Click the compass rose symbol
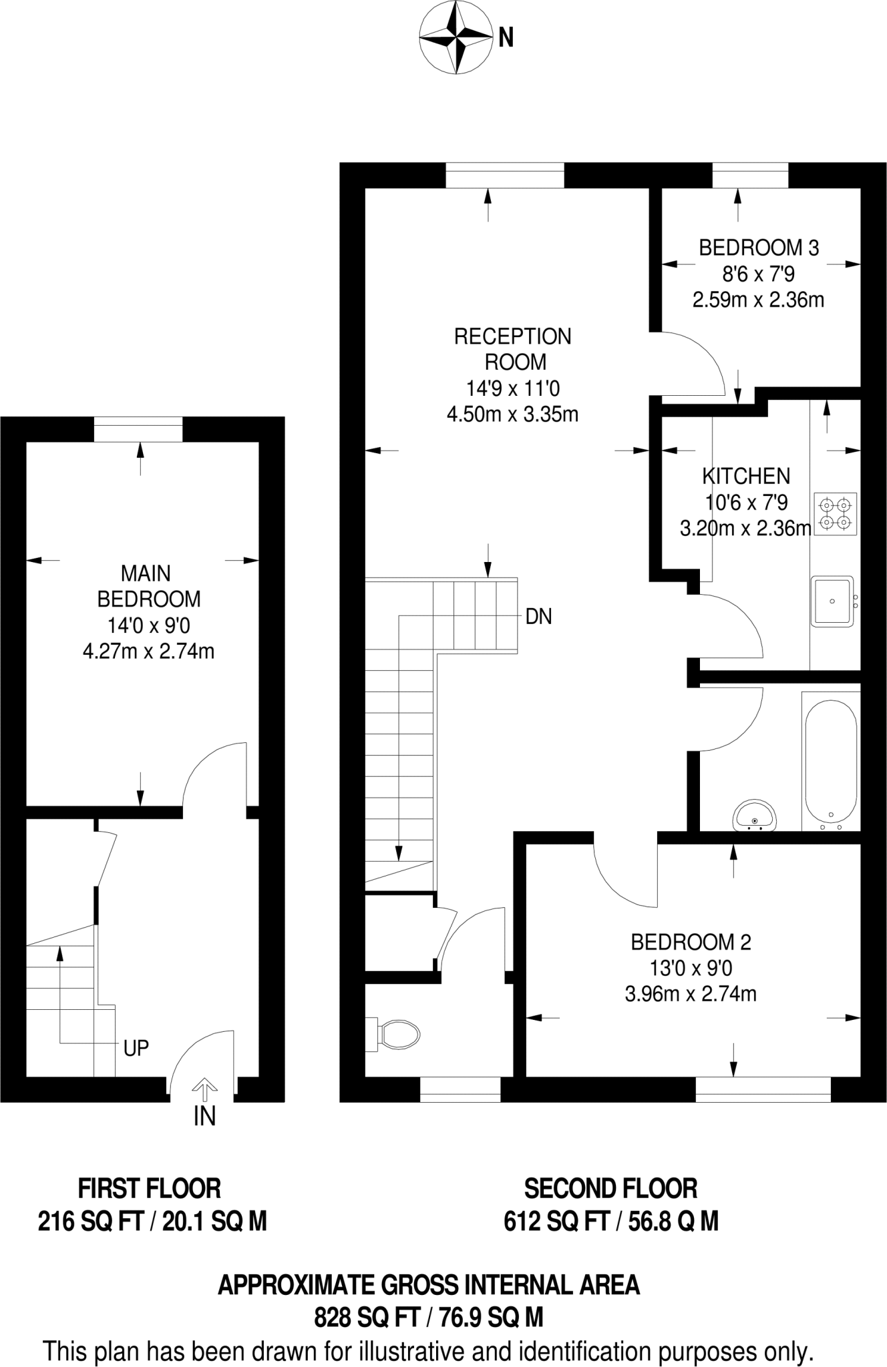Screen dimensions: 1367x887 (x=454, y=38)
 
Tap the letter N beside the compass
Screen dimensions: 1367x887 (x=506, y=39)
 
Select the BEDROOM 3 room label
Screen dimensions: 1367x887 (x=759, y=248)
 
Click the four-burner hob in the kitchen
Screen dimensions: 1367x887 (x=836, y=513)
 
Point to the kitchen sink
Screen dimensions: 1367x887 (x=832, y=601)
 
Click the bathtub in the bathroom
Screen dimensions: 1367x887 (x=831, y=760)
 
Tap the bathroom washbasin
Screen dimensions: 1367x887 (x=755, y=816)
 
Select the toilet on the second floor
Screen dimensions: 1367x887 (x=397, y=1035)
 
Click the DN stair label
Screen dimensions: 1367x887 (x=538, y=617)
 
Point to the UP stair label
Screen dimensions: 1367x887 (x=136, y=1049)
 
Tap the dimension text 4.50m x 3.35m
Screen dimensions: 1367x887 (x=512, y=415)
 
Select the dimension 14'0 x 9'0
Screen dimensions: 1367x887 (x=148, y=625)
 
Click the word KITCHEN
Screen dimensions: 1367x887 (x=745, y=476)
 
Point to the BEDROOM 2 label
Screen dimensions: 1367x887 (x=691, y=942)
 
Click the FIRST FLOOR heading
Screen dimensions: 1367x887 (x=149, y=1189)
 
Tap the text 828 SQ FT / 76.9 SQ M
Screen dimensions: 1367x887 (x=428, y=1317)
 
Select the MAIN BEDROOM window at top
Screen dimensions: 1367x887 (x=138, y=429)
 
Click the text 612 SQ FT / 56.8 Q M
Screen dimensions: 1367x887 (x=610, y=1221)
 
